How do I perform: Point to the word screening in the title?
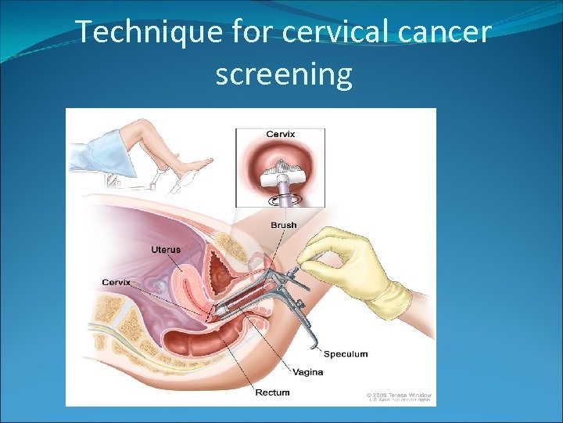click(x=284, y=74)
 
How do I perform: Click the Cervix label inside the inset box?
click(x=280, y=134)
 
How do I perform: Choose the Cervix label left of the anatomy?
click(x=117, y=282)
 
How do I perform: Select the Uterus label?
click(x=165, y=250)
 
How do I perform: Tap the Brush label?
click(x=283, y=226)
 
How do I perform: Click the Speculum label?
click(x=345, y=354)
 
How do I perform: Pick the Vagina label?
click(x=308, y=371)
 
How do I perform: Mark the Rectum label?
click(x=272, y=392)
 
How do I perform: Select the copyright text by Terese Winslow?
click(x=399, y=396)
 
